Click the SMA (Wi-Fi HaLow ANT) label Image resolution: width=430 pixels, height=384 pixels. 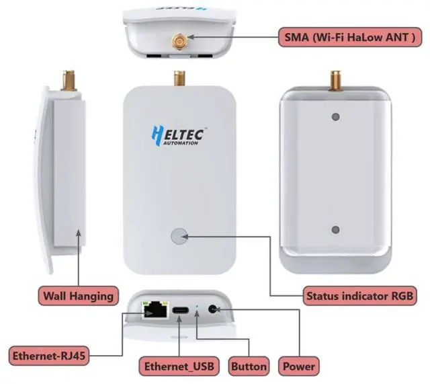(351, 38)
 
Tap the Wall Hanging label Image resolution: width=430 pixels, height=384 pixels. (78, 295)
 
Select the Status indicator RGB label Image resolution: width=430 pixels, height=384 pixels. (357, 295)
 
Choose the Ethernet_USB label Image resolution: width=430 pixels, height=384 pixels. (179, 367)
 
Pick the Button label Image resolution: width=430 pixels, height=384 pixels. (249, 367)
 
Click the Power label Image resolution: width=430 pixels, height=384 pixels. (299, 367)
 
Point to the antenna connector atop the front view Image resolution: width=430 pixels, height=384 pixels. (179, 78)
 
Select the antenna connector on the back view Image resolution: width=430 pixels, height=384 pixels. (335, 81)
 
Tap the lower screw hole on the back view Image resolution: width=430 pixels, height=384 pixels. (335, 229)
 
